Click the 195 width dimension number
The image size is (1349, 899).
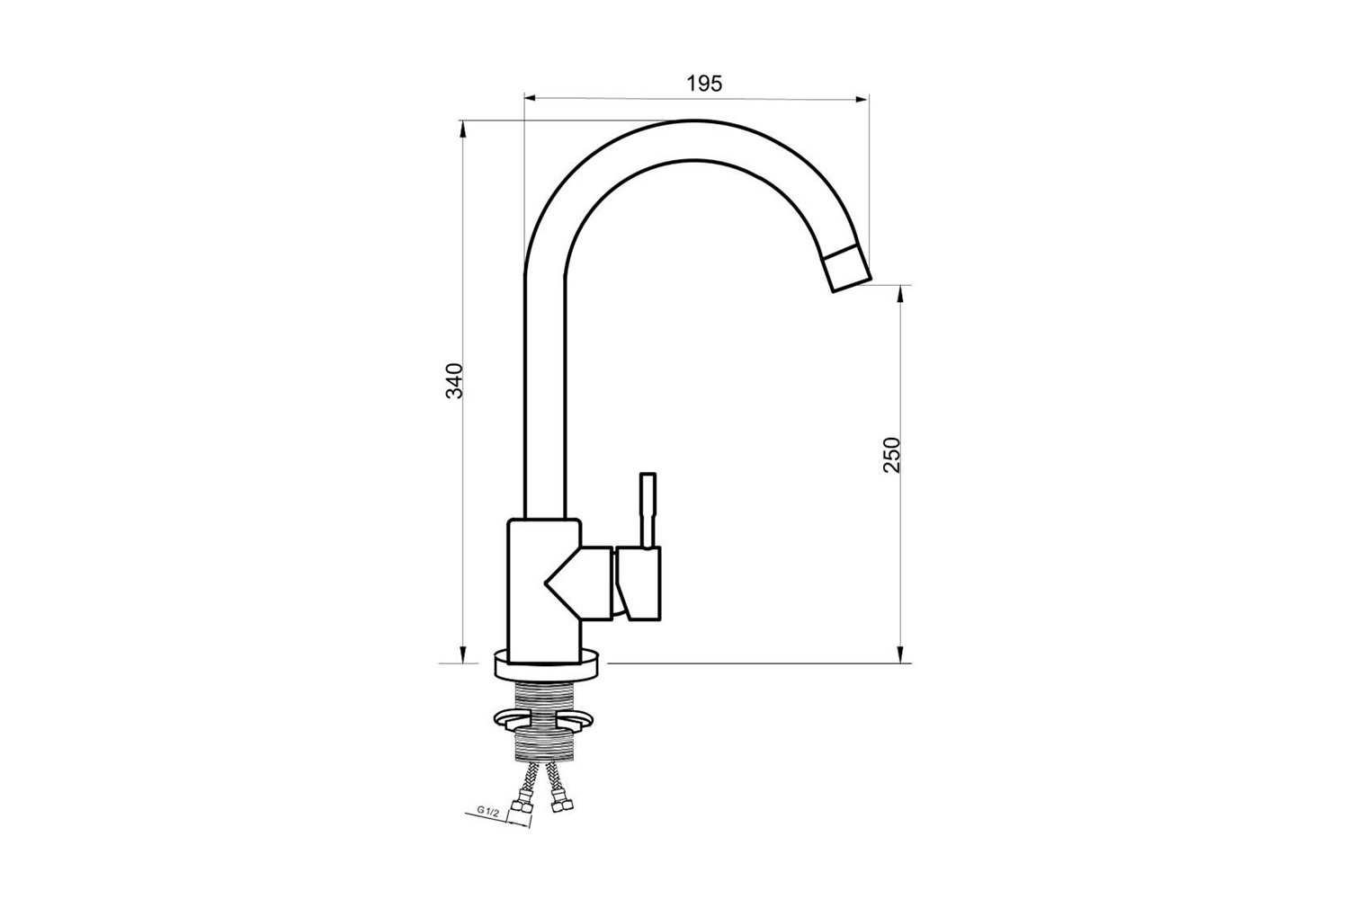click(x=704, y=84)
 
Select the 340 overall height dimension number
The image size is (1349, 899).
click(x=455, y=380)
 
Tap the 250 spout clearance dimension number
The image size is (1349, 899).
click(x=891, y=455)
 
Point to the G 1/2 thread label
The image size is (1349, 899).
click(x=488, y=811)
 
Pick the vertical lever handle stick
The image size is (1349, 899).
click(x=648, y=511)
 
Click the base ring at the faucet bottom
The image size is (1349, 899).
click(x=546, y=664)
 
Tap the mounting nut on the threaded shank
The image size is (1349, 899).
click(x=544, y=718)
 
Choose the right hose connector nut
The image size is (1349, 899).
click(x=561, y=803)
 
